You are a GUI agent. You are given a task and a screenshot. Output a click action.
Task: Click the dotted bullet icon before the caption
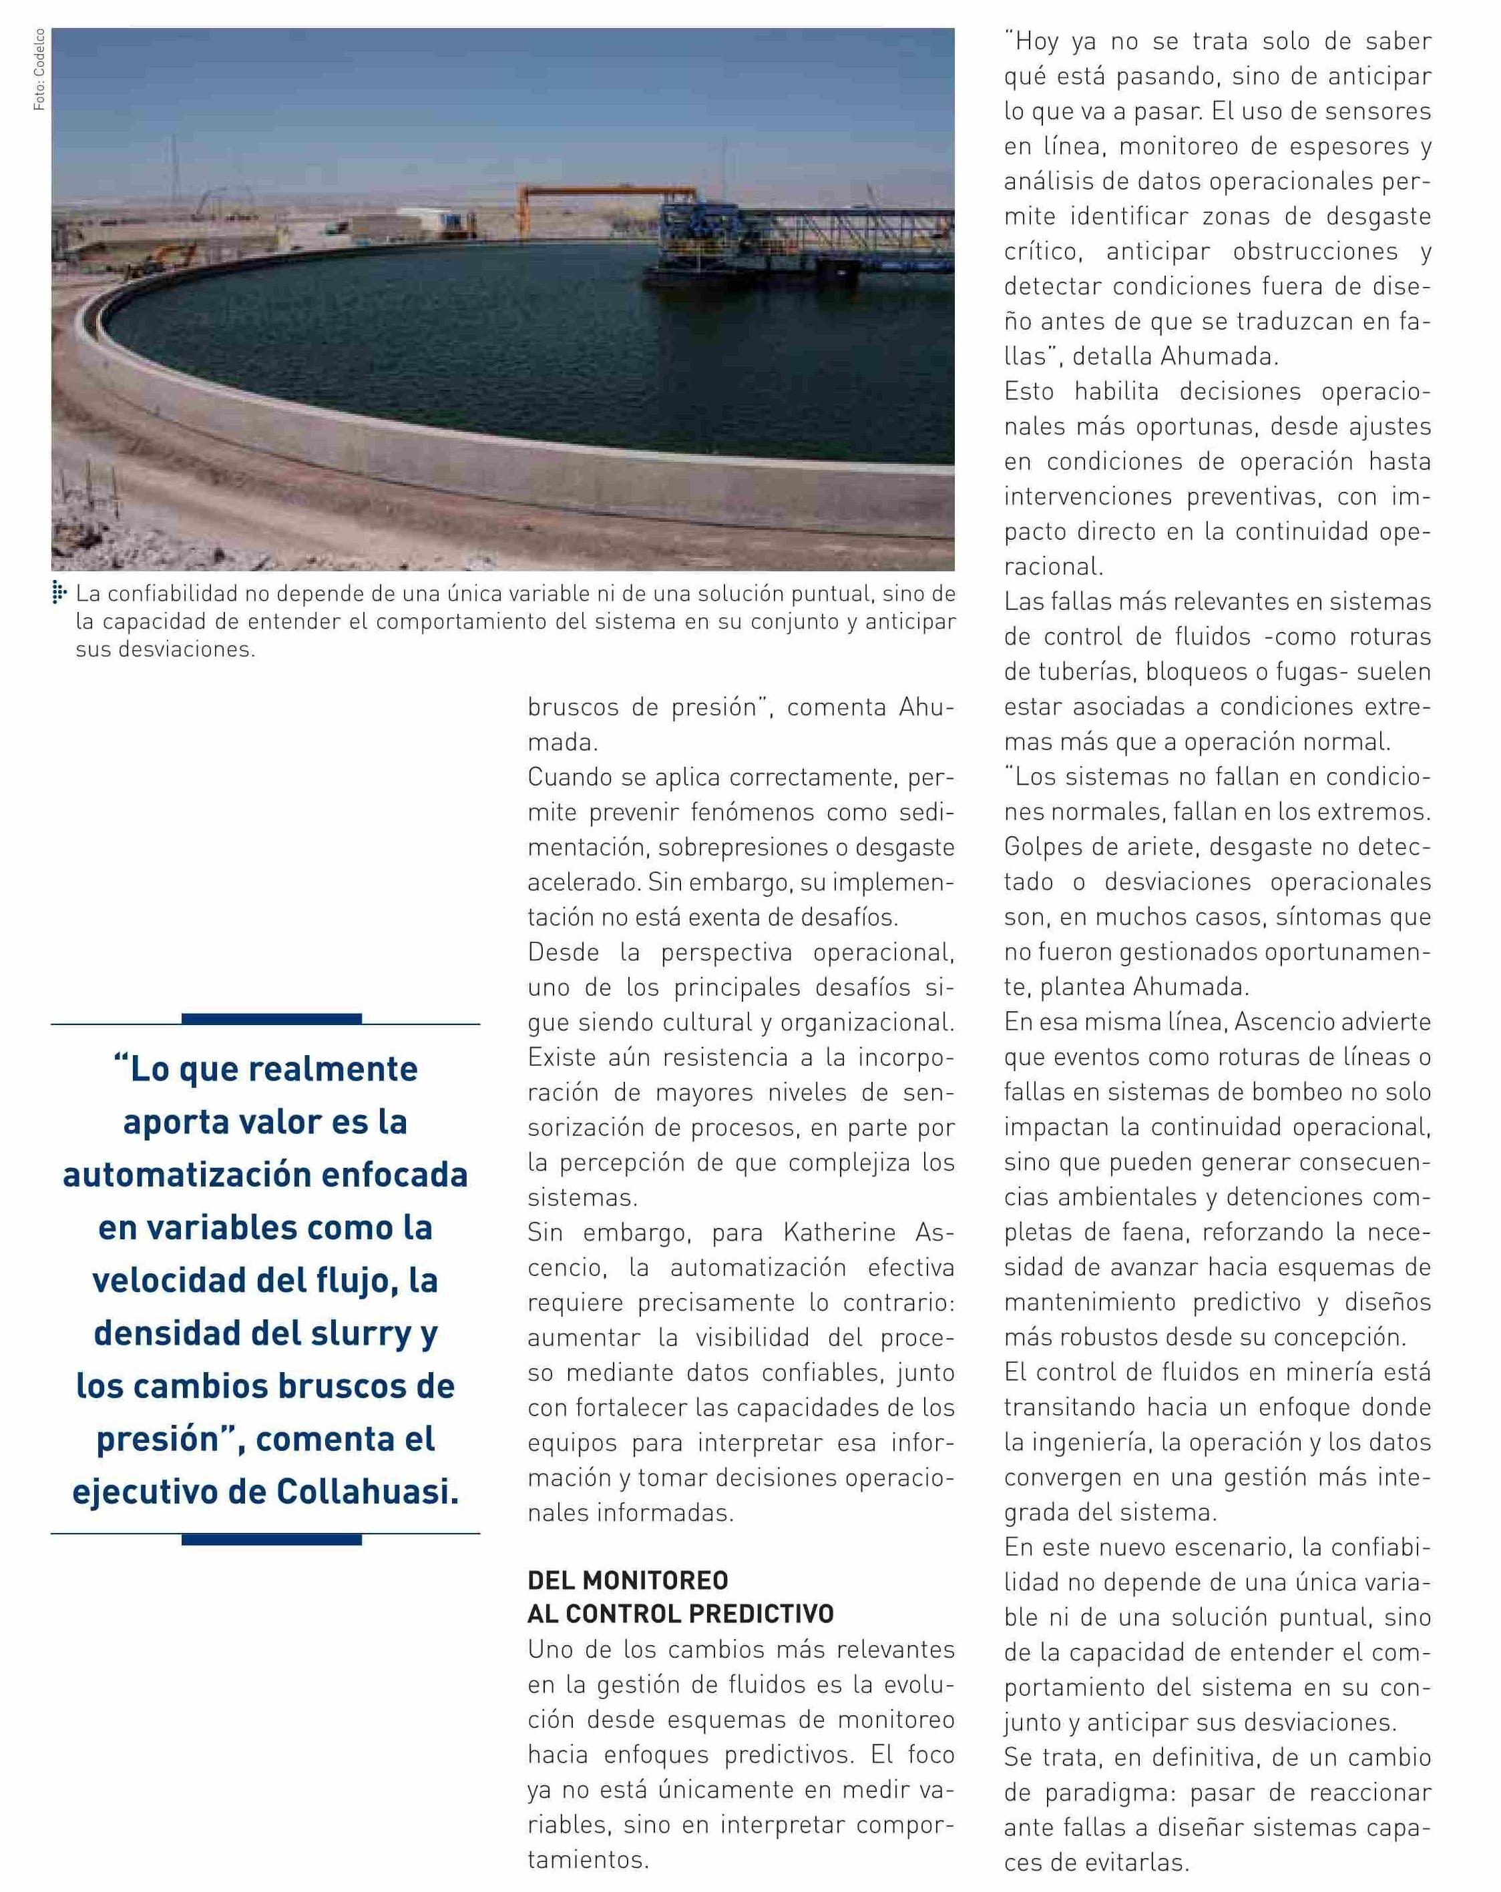click(59, 594)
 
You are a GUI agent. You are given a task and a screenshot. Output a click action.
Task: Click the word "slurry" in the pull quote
click(360, 1333)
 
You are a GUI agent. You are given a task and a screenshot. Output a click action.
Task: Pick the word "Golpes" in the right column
click(1047, 847)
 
